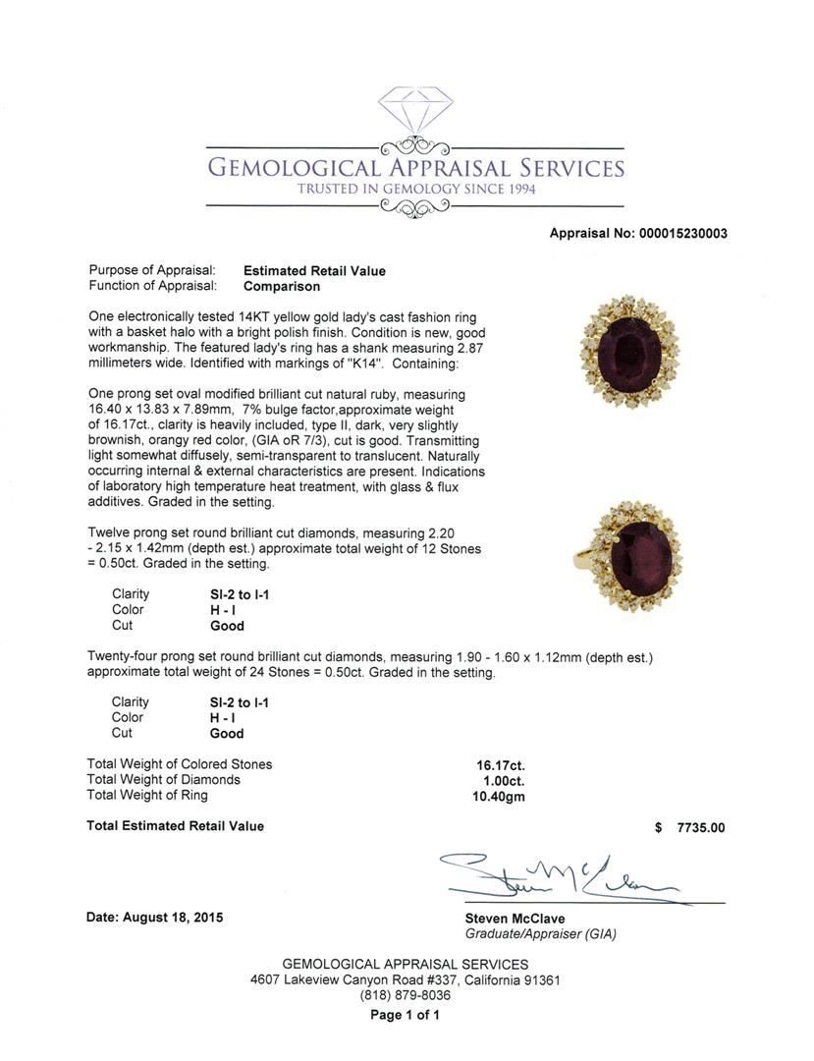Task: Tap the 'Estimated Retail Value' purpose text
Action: pyautogui.click(x=314, y=271)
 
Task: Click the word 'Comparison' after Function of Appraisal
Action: pyautogui.click(x=282, y=287)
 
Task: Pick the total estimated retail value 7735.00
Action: pyautogui.click(x=700, y=827)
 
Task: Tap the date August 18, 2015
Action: pyautogui.click(x=154, y=918)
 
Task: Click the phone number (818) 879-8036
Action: pyautogui.click(x=407, y=995)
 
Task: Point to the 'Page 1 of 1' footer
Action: pyautogui.click(x=407, y=1016)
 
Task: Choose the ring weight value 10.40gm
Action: pyautogui.click(x=499, y=797)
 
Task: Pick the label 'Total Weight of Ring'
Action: pyautogui.click(x=147, y=796)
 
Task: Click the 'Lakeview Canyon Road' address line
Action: pyautogui.click(x=406, y=979)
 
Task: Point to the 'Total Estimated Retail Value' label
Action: pyautogui.click(x=176, y=826)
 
